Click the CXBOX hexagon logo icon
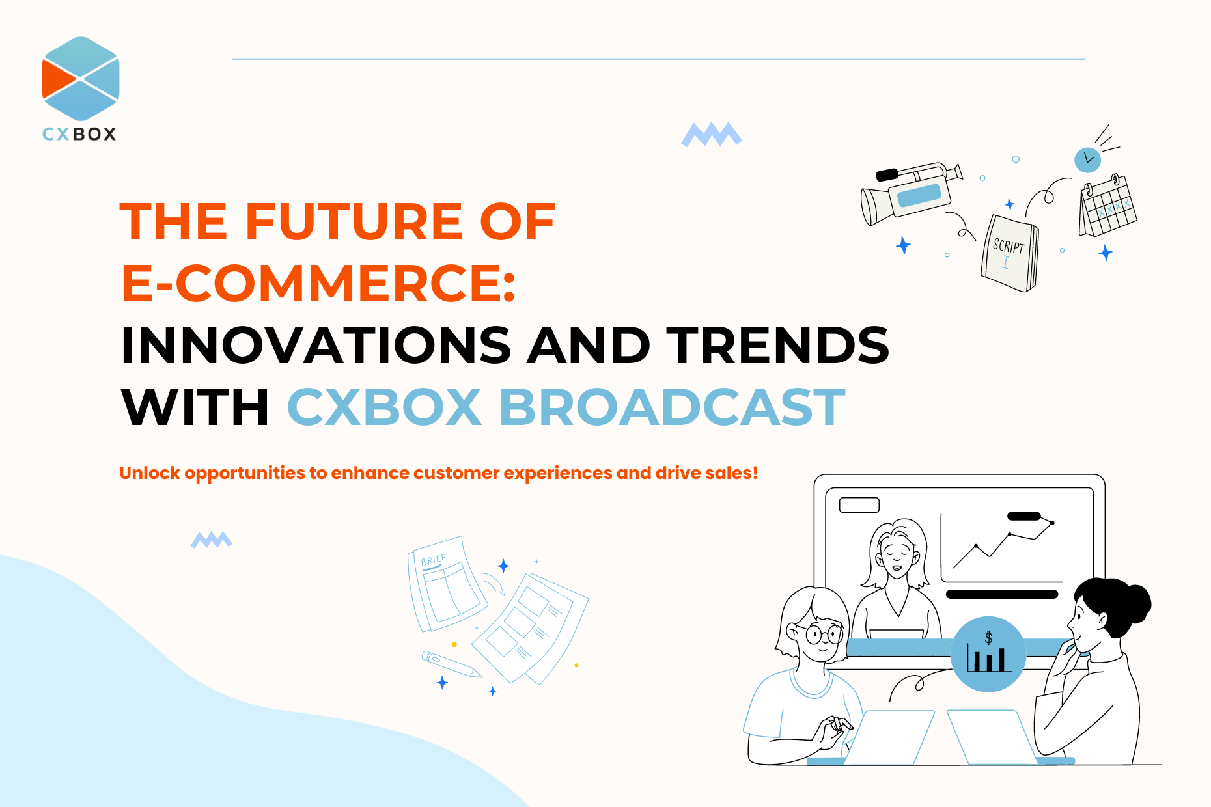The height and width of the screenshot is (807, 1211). [81, 79]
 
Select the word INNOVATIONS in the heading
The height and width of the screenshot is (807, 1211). [316, 345]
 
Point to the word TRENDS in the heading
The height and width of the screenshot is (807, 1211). [777, 345]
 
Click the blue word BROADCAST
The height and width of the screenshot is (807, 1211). [672, 407]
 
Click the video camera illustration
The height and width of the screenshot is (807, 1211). [911, 193]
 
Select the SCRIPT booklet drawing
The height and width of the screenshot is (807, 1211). [1010, 253]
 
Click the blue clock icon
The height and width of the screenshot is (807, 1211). [1087, 159]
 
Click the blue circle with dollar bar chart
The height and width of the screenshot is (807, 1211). [988, 653]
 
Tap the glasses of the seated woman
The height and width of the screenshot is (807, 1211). [823, 633]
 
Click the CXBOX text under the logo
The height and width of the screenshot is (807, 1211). [79, 134]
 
